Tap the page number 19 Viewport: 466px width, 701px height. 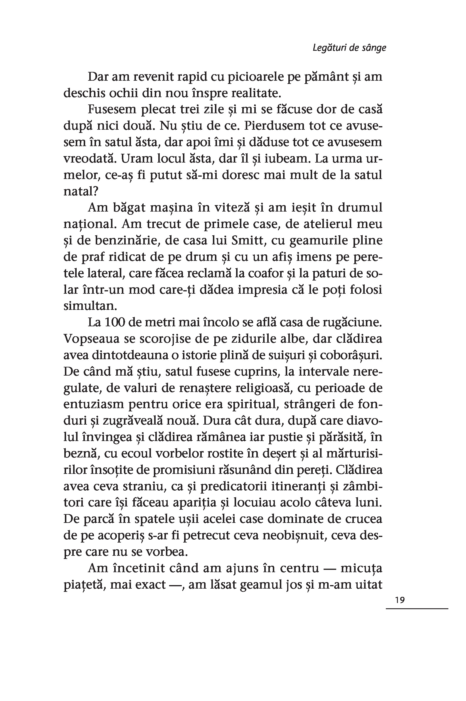400,600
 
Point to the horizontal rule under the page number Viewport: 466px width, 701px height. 417,609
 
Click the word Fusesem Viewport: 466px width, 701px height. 111,109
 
